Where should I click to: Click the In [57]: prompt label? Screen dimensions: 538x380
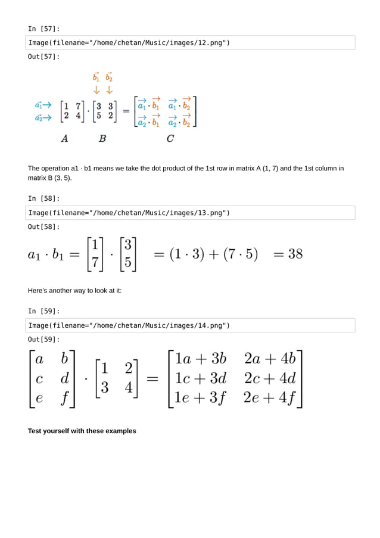pyautogui.click(x=44, y=29)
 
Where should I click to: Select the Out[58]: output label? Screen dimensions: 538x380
pyautogui.click(x=44, y=227)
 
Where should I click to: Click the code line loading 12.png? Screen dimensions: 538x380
pyautogui.click(x=129, y=42)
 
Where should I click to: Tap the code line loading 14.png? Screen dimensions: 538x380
pyautogui.click(x=129, y=325)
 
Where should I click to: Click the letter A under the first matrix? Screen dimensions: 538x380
pyautogui.click(x=64, y=138)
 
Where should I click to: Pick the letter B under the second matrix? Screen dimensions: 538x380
pyautogui.click(x=102, y=138)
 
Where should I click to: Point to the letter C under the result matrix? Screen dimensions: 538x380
pyautogui.click(x=170, y=138)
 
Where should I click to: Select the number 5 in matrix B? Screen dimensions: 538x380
pyautogui.click(x=99, y=116)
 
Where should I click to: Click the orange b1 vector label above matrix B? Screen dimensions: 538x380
pyautogui.click(x=96, y=77)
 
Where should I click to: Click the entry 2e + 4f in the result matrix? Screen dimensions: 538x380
pyautogui.click(x=270, y=397)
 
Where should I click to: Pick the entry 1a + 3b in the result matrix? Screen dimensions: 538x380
pyautogui.click(x=201, y=359)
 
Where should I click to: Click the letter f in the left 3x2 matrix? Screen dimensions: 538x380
pyautogui.click(x=64, y=397)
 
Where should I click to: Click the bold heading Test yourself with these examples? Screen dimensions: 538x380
pyautogui.click(x=82, y=431)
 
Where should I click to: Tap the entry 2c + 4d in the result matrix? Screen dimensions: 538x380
pyautogui.click(x=270, y=378)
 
